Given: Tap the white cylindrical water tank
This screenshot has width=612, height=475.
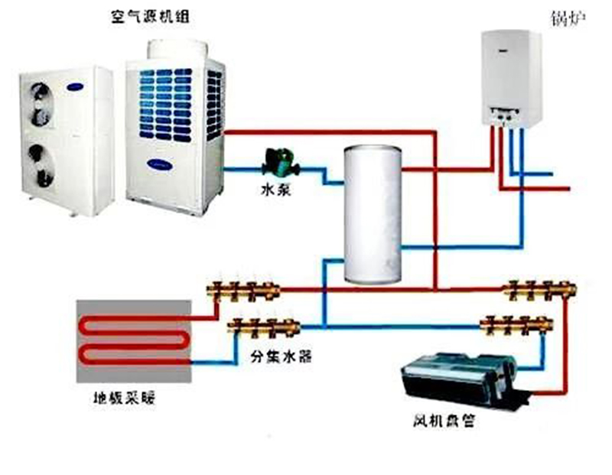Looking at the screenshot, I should point(373,214).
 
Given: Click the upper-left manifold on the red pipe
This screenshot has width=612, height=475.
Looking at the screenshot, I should point(244,290).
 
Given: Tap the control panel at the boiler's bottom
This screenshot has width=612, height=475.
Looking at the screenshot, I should point(505,115).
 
